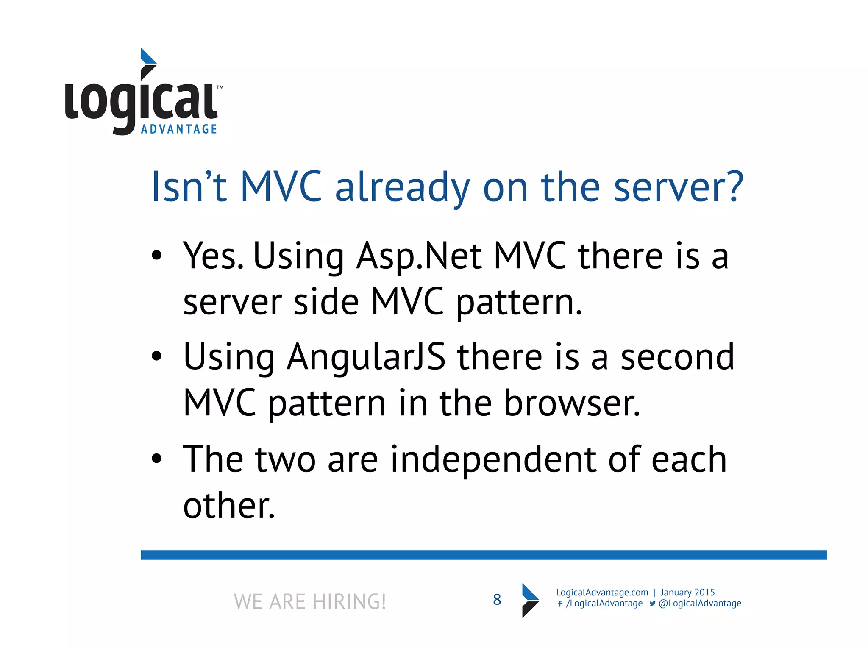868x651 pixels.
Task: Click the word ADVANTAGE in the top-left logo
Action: [179, 129]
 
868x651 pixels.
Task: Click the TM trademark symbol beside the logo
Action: [220, 88]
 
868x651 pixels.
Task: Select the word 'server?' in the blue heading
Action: [678, 187]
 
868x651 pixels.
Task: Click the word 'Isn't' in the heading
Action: [189, 187]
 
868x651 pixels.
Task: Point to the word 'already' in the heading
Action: [402, 187]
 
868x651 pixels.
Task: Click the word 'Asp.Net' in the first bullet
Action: [419, 256]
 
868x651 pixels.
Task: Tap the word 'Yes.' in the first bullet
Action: [213, 256]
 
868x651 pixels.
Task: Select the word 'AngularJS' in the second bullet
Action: [366, 357]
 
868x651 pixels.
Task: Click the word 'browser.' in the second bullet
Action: [572, 403]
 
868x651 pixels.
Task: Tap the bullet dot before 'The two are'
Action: [157, 459]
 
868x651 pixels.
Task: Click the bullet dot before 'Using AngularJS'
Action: [157, 356]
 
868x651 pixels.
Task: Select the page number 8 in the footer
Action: [497, 600]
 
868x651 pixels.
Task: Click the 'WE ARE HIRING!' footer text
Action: [310, 601]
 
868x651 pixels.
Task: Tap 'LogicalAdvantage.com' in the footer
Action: [602, 593]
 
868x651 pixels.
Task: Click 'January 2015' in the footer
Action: [687, 593]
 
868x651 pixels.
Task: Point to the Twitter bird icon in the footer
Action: [652, 604]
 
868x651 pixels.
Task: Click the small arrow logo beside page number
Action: [530, 600]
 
